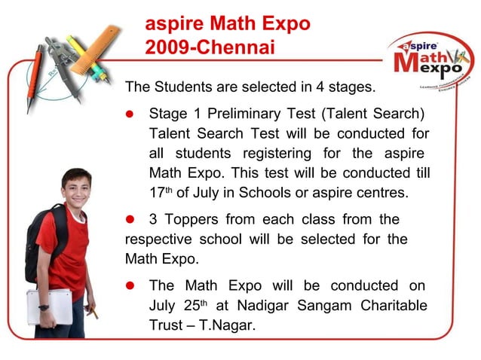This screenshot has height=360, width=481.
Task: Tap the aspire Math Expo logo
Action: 431,62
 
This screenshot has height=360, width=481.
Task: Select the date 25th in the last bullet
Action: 194,305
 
